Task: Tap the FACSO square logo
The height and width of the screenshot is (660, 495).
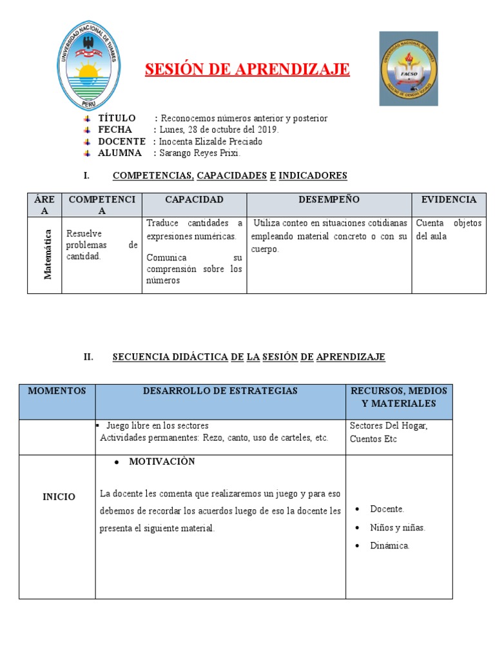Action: pyautogui.click(x=408, y=68)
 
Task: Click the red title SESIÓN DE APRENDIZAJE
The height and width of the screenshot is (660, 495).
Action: pyautogui.click(x=247, y=70)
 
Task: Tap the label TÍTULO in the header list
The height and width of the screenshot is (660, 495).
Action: pyautogui.click(x=117, y=118)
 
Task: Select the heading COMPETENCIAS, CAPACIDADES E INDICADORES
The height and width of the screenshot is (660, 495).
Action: pyautogui.click(x=229, y=175)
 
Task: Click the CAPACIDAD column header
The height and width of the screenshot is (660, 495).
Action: pyautogui.click(x=194, y=200)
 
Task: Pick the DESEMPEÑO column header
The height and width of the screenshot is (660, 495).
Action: pyautogui.click(x=329, y=200)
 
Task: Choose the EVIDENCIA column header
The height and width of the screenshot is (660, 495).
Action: pyautogui.click(x=449, y=200)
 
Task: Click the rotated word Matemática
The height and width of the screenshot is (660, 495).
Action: pyautogui.click(x=47, y=256)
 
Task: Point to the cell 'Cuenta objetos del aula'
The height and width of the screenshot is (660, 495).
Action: pyautogui.click(x=449, y=229)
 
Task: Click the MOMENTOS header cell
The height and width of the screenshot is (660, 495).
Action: pyautogui.click(x=57, y=391)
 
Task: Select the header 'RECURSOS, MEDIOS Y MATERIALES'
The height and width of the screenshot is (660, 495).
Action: pyautogui.click(x=398, y=397)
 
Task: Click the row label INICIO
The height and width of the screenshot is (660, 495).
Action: pyautogui.click(x=59, y=497)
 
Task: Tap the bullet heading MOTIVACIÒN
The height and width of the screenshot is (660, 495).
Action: pyautogui.click(x=162, y=462)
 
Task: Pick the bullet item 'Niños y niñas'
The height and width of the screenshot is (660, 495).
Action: pyautogui.click(x=398, y=527)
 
